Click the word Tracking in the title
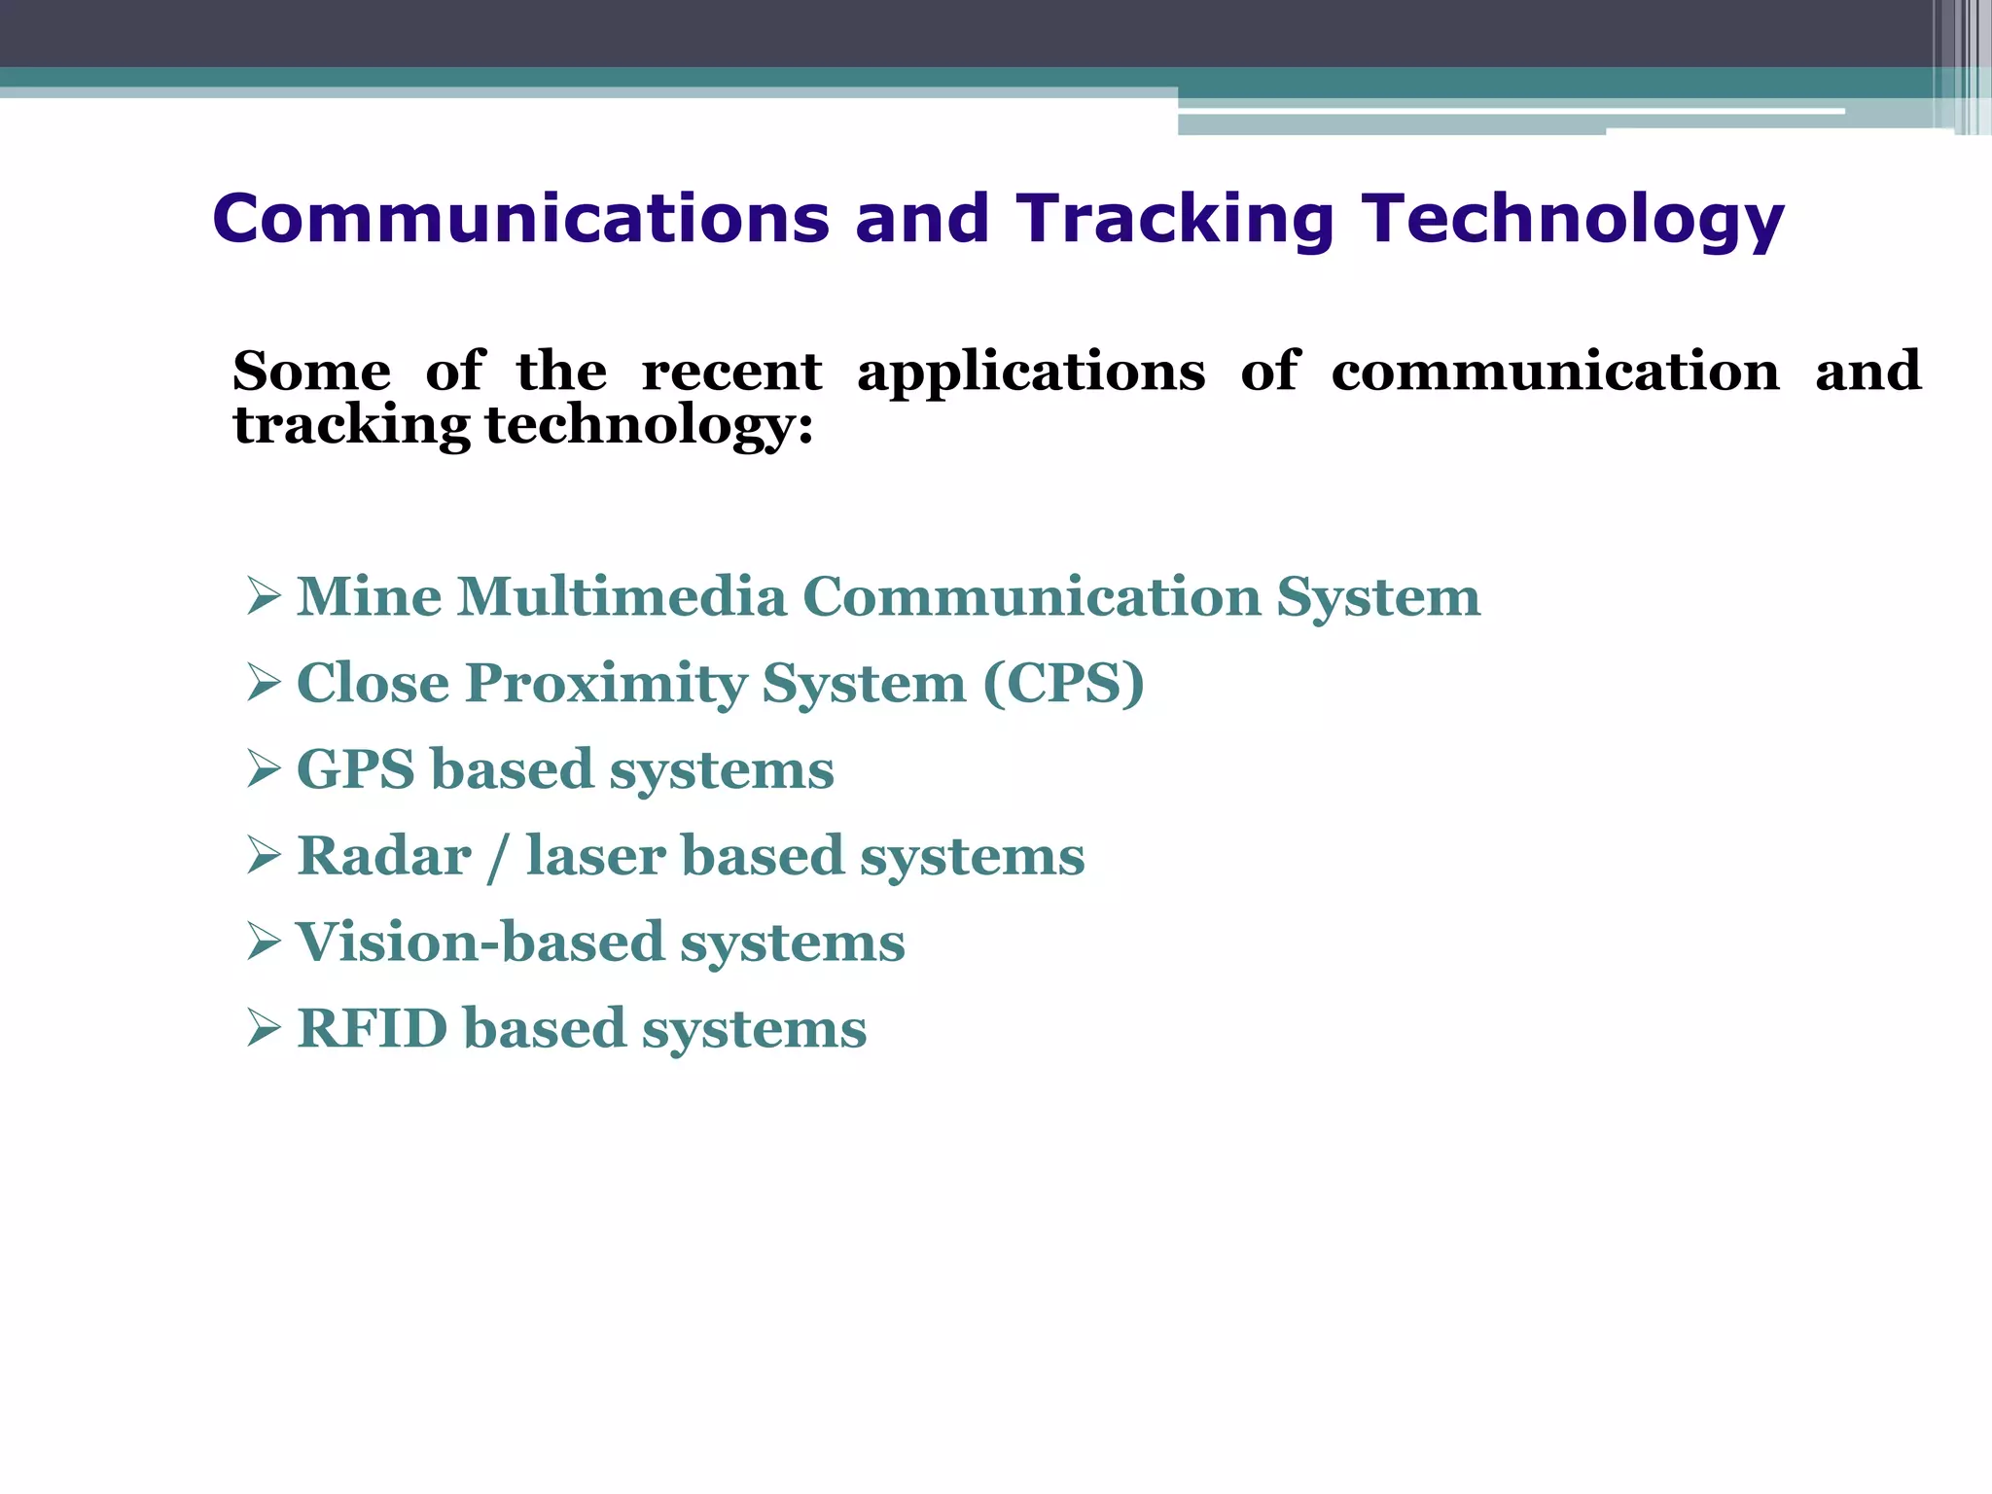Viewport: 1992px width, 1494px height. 1174,219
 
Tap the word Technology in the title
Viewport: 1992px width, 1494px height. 1572,219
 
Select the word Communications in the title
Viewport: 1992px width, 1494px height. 520,219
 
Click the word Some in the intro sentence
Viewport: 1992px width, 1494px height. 311,372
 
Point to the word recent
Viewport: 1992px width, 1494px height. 731,372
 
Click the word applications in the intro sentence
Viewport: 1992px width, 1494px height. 1030,373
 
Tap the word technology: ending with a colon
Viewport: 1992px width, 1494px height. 649,426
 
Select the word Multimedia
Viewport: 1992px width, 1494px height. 622,596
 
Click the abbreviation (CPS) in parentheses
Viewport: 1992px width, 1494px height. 1063,683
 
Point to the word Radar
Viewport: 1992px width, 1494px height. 383,856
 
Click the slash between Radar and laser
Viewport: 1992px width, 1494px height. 498,858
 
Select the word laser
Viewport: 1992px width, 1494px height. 594,856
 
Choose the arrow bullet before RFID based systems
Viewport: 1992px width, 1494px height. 264,1028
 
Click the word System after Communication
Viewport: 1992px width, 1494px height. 1377,597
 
